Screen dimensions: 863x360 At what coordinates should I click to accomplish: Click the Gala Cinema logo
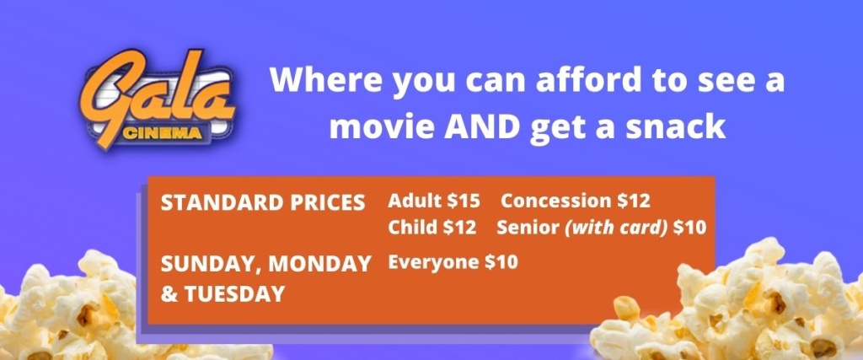coord(158,99)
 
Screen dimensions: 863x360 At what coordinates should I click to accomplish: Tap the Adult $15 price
coord(434,201)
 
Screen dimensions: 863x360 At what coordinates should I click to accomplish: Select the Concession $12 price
coord(575,201)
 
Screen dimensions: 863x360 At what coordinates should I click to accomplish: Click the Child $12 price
coord(432,228)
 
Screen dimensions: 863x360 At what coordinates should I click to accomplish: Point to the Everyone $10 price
coord(453,262)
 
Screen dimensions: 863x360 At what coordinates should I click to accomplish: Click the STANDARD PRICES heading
coord(263,202)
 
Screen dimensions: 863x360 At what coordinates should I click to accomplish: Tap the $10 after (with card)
coord(689,228)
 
